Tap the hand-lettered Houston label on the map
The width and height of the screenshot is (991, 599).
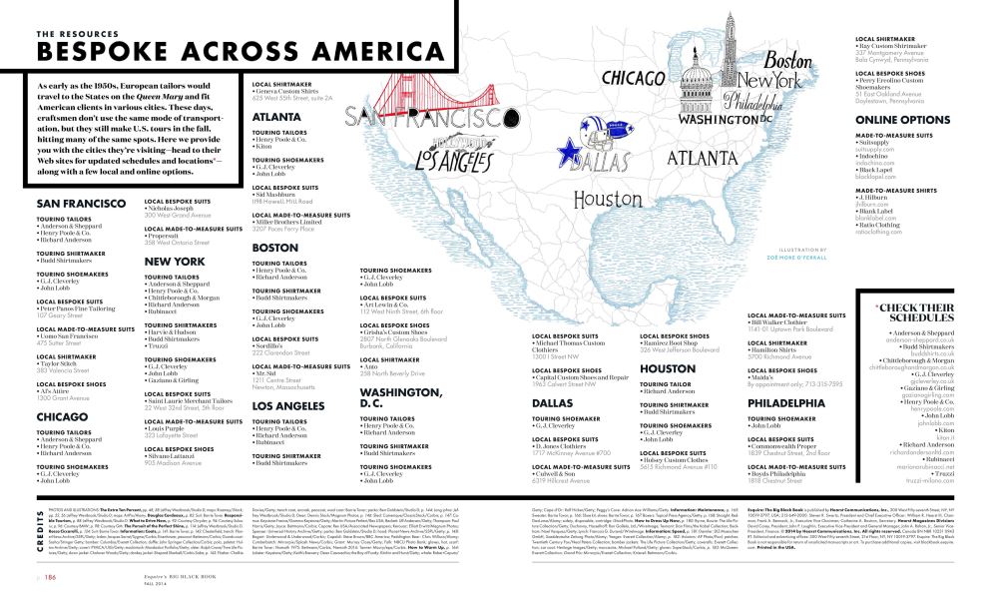tap(608, 199)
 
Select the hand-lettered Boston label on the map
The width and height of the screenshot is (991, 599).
tap(788, 59)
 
